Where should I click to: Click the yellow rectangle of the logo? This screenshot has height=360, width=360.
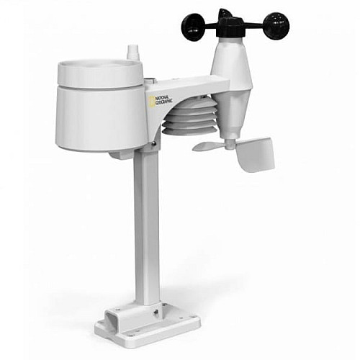coord(150,102)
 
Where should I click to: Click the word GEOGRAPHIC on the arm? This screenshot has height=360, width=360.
coord(164,102)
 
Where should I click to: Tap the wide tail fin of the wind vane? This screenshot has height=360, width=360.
coord(255,154)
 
